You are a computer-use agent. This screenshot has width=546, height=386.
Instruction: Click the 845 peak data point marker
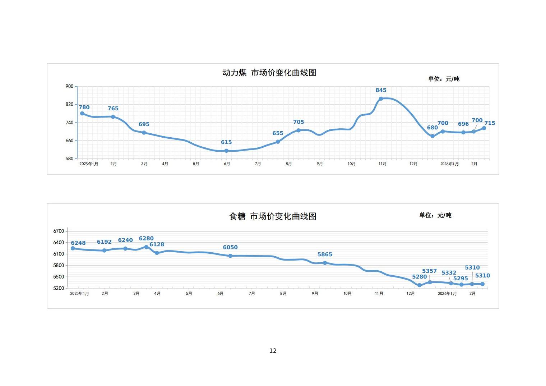[x=381, y=98]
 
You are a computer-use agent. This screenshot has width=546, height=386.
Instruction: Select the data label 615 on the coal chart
[x=226, y=142]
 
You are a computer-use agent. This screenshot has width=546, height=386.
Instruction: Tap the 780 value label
[x=84, y=107]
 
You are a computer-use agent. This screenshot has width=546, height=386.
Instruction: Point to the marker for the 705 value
[x=299, y=130]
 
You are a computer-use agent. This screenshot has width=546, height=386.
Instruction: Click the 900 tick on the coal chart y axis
[x=69, y=86]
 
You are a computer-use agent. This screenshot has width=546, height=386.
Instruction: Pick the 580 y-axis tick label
[x=69, y=158]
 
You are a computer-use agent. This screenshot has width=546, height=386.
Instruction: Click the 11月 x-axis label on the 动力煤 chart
[x=383, y=164]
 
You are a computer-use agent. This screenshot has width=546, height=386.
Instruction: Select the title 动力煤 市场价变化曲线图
[x=269, y=73]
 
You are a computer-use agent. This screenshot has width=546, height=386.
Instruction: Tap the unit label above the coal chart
[x=443, y=79]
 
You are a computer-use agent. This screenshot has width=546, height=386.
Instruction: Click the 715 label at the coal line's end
[x=490, y=123]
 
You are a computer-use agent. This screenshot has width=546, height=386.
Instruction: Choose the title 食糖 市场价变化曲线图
[x=273, y=216]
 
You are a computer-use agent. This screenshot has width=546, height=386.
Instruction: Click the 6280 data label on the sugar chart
[x=146, y=238]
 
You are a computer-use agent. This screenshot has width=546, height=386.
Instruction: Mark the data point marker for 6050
[x=230, y=256]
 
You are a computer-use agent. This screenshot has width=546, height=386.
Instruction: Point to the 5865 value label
[x=325, y=254]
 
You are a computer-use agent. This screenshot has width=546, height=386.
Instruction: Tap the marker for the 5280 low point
[x=420, y=285]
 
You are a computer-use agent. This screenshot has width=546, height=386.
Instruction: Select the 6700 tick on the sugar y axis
[x=59, y=231]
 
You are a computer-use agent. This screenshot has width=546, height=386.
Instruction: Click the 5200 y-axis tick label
[x=59, y=288]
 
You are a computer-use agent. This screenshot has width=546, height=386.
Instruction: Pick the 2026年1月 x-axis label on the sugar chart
[x=447, y=294]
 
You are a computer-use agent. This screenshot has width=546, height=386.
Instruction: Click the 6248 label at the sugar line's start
[x=78, y=243]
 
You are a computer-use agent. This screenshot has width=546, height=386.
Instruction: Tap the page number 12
[x=273, y=351]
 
